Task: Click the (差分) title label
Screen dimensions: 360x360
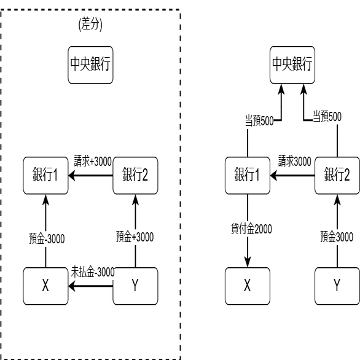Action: (x=90, y=24)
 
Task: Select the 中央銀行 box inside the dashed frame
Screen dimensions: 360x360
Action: (x=90, y=65)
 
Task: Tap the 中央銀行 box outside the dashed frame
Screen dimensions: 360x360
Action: (x=292, y=65)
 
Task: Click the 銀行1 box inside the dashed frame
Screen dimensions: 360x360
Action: (x=45, y=176)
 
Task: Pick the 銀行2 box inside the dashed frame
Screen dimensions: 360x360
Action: (x=135, y=176)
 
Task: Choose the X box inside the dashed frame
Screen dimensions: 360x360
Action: (x=45, y=286)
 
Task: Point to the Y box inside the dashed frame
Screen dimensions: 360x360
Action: (x=135, y=286)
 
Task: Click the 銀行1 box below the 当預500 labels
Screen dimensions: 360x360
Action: (x=248, y=176)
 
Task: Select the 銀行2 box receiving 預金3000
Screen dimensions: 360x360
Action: (x=337, y=176)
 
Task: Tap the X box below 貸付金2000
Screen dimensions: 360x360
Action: (x=248, y=286)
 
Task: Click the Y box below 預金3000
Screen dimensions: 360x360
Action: (x=337, y=286)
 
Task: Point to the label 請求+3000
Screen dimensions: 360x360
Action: (x=93, y=161)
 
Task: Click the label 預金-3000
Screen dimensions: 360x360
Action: (x=47, y=238)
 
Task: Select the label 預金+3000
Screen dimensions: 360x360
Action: (x=135, y=237)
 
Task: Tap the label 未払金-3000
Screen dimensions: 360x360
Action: (x=93, y=272)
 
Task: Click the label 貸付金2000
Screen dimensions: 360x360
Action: (x=251, y=229)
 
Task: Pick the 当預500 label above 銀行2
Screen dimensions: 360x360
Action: (x=327, y=116)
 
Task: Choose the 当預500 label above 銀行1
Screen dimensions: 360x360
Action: (x=259, y=120)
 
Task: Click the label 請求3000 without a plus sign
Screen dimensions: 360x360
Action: (x=295, y=161)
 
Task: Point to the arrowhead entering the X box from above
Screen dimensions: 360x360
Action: (x=248, y=262)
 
